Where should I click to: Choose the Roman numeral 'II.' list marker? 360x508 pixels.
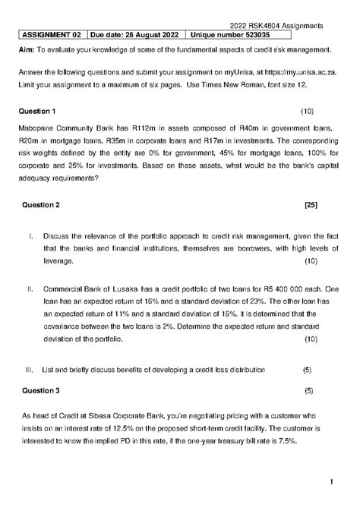[31, 289]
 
